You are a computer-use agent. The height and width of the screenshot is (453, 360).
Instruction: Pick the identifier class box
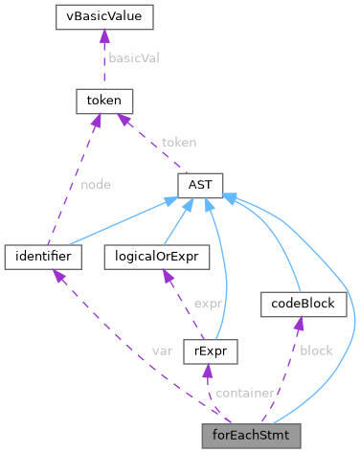[42, 257]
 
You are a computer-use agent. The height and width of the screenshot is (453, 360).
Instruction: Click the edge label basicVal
[133, 57]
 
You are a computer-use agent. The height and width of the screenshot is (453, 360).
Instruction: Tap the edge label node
[95, 185]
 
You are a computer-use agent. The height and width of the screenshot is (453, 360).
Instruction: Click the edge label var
[162, 351]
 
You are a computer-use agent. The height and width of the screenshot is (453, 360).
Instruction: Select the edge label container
[246, 393]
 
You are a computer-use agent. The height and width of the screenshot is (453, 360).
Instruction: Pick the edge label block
[316, 351]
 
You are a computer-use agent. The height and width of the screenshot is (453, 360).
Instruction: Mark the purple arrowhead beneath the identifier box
[58, 276]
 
